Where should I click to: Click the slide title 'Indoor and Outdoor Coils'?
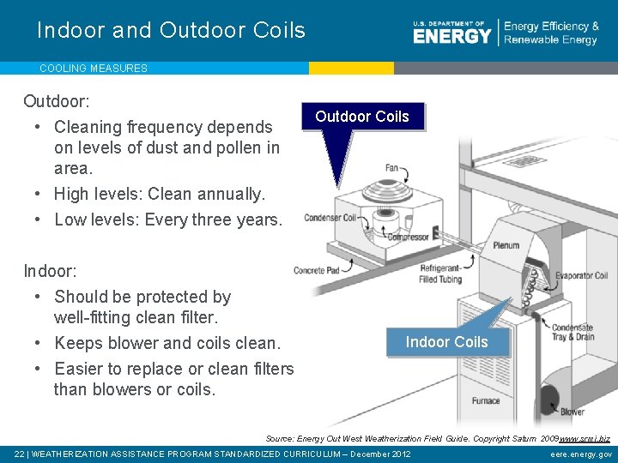[x=171, y=31]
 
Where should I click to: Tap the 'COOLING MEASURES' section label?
[x=94, y=68]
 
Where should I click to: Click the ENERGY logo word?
[x=451, y=36]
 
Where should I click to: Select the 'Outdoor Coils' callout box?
[x=362, y=117]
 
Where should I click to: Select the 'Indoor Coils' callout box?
[x=446, y=342]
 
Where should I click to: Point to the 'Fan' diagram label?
[x=391, y=169]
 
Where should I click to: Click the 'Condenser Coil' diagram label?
[x=330, y=218]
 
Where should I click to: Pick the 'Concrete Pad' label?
[x=317, y=271]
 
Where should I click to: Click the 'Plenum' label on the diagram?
[x=506, y=245]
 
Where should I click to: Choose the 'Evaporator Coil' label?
[x=581, y=276]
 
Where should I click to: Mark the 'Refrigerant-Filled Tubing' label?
[x=440, y=274]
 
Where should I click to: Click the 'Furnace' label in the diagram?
[x=486, y=400]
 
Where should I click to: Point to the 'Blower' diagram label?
[x=573, y=412]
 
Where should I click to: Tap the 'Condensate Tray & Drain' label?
[x=573, y=333]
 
